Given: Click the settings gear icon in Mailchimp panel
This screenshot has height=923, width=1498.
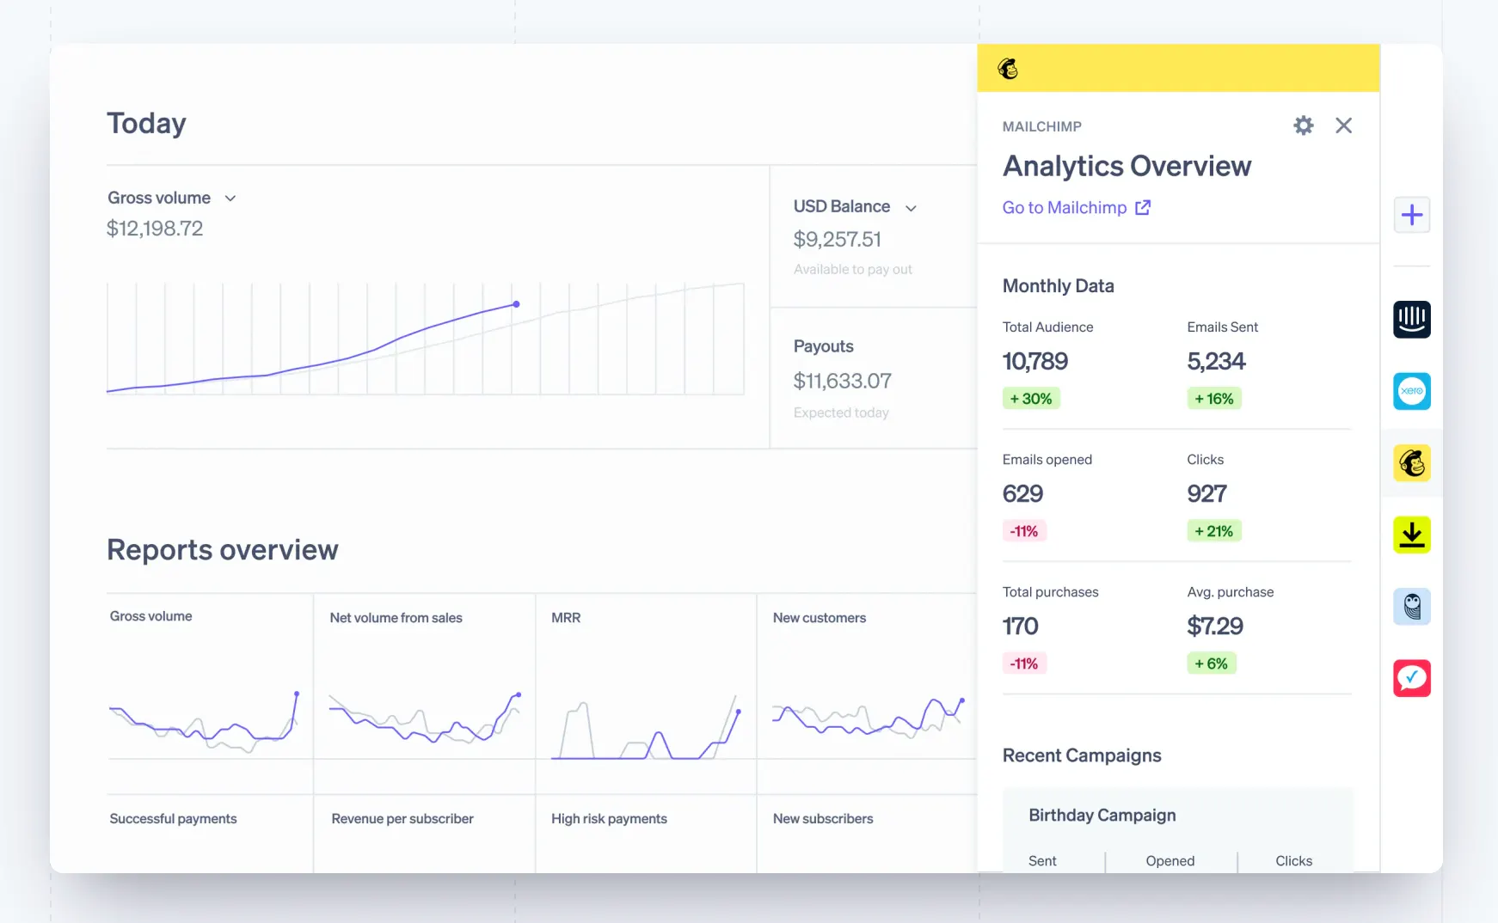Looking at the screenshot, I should (1303, 125).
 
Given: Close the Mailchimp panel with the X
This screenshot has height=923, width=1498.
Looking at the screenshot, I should (1343, 125).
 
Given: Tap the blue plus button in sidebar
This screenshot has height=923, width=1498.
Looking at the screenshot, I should (1411, 215).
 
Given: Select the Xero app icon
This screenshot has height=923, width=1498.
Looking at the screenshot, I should (1411, 391).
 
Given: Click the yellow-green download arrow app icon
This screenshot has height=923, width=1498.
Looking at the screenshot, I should (1411, 535).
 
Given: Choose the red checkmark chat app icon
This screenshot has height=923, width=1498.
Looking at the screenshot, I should (1411, 678).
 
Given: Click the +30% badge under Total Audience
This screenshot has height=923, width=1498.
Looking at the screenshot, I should (1031, 399).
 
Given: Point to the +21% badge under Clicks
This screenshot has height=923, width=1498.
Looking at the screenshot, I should (1213, 531).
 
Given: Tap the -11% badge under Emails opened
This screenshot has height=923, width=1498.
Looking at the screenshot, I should (1023, 531).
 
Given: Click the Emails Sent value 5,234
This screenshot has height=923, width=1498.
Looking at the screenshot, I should (1216, 362).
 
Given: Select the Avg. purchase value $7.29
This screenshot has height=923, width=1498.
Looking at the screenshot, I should (1215, 627).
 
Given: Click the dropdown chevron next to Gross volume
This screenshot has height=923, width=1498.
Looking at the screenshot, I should (230, 199).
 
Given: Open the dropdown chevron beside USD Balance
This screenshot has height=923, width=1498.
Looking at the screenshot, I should (911, 208).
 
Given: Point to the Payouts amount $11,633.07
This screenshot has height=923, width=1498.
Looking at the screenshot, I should (842, 381).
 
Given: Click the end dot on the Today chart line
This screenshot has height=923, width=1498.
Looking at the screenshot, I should (516, 304).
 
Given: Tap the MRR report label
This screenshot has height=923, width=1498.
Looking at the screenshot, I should (566, 618).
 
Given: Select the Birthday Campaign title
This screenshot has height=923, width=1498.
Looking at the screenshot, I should (1102, 816).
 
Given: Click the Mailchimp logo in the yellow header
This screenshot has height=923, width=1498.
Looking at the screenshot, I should (1008, 69).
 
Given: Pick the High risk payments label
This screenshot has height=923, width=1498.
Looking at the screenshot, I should (609, 819).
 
